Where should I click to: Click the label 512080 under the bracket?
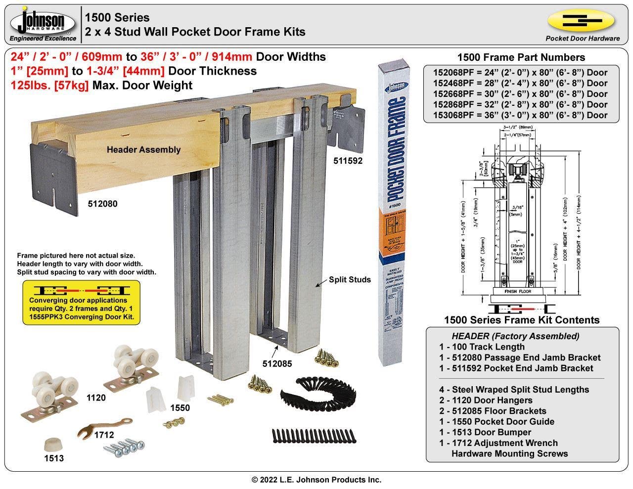pos(103,203)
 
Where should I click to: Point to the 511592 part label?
pos(348,161)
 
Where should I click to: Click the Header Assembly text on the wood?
pos(143,149)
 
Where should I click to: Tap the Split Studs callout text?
pos(350,280)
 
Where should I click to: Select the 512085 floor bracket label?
pos(277,364)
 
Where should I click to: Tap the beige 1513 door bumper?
pos(53,443)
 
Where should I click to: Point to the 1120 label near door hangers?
pos(96,398)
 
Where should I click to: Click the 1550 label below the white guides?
pos(180,408)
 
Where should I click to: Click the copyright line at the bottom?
pos(316,480)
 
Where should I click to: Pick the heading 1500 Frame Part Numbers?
pos(521,57)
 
